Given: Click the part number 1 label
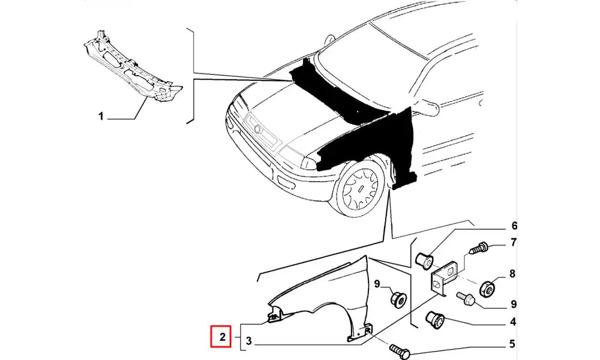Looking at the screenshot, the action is (x=101, y=116).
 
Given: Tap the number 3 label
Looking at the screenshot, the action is (x=249, y=341).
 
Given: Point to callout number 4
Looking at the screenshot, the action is (x=513, y=322).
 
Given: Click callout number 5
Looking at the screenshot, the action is (x=513, y=344).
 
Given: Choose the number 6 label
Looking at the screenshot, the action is (x=514, y=226).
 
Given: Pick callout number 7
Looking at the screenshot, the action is (x=514, y=242).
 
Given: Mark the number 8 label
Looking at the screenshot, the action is (x=513, y=274).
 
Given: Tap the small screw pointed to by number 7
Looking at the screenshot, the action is (x=478, y=248).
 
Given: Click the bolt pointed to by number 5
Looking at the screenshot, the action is (x=400, y=349).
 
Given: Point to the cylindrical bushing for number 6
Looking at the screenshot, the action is (x=425, y=260).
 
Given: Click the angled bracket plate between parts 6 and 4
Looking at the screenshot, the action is (x=443, y=278).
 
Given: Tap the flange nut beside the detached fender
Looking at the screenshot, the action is (x=398, y=299).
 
